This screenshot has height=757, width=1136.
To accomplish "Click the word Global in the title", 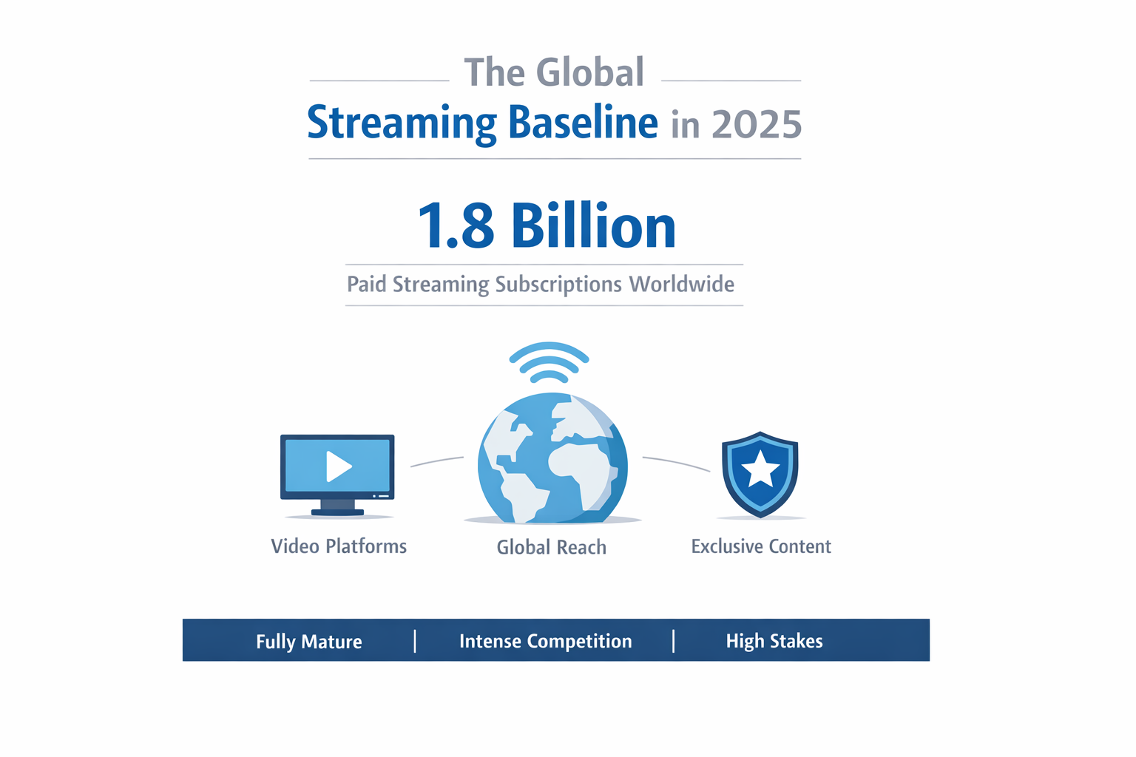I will coord(589,73).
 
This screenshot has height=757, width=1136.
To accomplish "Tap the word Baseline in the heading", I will coord(583,123).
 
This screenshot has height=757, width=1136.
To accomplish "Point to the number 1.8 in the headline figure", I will coord(456,226).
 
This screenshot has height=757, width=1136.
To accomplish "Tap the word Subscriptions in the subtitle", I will coord(558,285).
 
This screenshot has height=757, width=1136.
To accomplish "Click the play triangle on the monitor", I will coord(338,466).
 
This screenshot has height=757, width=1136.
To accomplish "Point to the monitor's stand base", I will coord(337,512).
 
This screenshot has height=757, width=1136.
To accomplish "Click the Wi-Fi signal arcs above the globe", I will coord(549,362).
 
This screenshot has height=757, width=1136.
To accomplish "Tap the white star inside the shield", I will coord(760,470).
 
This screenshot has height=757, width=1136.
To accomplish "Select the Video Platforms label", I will coord(339,546).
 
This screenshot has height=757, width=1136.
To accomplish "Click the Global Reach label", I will coord(552,547).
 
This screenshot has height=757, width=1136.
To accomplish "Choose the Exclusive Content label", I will coord(761,546).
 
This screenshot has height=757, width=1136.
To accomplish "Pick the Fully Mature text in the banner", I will coord(309,641).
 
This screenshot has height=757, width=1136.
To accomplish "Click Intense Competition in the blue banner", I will coord(546,641).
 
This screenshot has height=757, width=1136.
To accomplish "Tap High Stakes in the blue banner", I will coord(774,641).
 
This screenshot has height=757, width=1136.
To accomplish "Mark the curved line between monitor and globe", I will coord(437,461).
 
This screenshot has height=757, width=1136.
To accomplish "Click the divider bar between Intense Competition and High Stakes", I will coord(674,641).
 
